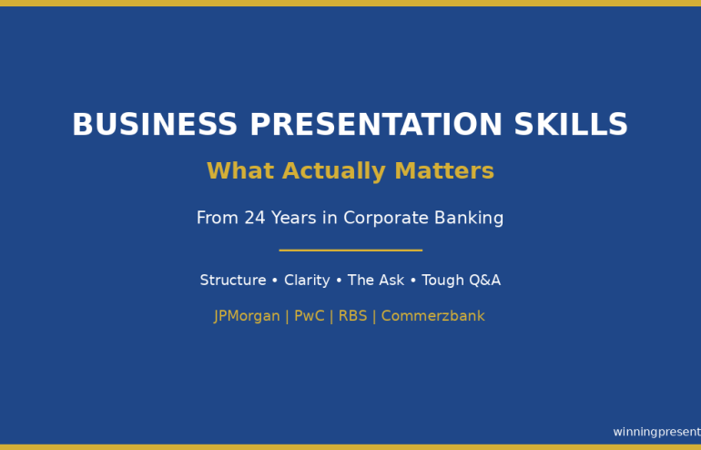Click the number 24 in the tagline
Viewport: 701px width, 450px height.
tap(254, 219)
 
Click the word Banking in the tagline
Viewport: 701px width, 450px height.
tap(469, 219)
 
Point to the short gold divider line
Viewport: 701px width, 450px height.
tap(350, 250)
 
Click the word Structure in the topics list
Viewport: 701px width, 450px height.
tap(232, 281)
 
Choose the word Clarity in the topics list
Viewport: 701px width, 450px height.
tap(307, 281)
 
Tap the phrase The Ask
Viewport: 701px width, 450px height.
tap(375, 281)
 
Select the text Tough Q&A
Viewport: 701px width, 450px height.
tap(461, 281)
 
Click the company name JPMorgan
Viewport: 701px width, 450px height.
tap(247, 316)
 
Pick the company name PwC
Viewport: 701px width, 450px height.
tap(310, 316)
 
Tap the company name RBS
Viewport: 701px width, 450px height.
tap(352, 316)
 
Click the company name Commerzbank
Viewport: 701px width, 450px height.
tap(432, 316)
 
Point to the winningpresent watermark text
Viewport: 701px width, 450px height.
tap(656, 432)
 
